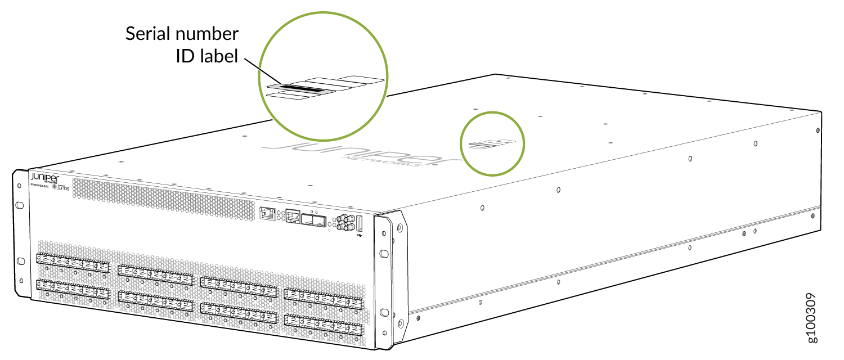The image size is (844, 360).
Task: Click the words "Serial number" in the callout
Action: pyautogui.click(x=182, y=34)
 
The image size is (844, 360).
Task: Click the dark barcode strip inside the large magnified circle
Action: pyautogui.click(x=304, y=89)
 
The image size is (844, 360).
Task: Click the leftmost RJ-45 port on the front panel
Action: pyautogui.click(x=267, y=213)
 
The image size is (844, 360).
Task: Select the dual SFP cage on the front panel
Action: pyautogui.click(x=313, y=220)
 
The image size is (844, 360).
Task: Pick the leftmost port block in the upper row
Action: pyautogui.click(x=71, y=263)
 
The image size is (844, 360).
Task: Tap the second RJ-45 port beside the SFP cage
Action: pyautogui.click(x=293, y=217)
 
